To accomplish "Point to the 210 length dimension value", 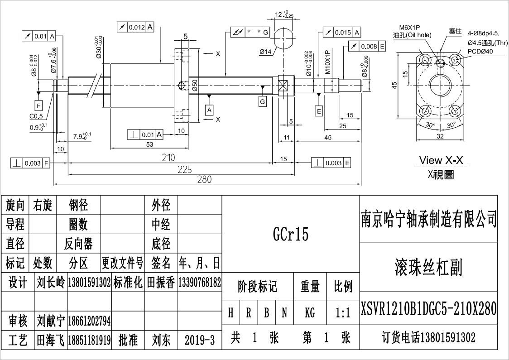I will point(168,158).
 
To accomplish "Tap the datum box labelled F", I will point(38,106).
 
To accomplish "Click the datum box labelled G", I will point(263,101).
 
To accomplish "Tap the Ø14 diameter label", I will point(266,52).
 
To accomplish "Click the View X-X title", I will point(443,160).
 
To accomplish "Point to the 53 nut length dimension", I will point(149,144).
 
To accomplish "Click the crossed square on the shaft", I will point(283,86).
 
